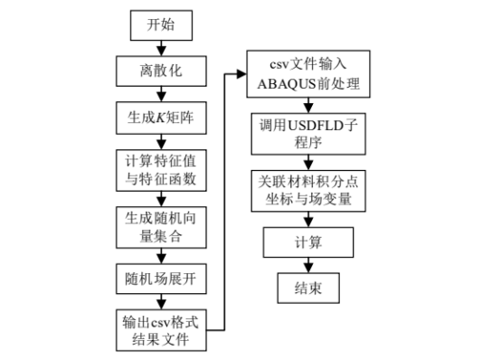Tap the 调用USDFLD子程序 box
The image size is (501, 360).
pyautogui.click(x=308, y=133)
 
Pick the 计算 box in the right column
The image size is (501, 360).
pyautogui.click(x=308, y=242)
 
